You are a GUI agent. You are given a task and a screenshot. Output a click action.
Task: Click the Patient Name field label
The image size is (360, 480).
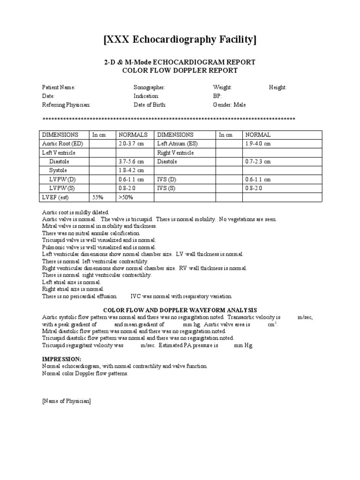59,88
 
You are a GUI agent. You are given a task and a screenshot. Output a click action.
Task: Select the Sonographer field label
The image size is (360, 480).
149,88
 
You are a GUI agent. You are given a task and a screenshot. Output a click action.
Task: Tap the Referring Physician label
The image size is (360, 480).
66,105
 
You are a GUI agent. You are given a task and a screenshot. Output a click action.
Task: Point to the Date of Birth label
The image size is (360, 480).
150,105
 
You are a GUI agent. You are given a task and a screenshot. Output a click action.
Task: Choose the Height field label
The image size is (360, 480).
277,88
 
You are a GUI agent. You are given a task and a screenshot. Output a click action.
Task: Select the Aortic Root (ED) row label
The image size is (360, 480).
62,143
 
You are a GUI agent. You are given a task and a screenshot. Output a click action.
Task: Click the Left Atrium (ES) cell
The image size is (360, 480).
177,143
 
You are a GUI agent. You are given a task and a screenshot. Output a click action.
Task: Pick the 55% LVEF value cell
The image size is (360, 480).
98,197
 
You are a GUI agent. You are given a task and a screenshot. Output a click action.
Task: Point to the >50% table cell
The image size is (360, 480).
126,197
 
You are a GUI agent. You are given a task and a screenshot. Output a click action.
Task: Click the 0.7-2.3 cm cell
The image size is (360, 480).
258,162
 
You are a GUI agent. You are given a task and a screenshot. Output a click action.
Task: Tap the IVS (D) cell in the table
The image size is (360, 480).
166,180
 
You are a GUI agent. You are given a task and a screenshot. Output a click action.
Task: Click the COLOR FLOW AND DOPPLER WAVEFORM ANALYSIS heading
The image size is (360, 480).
180,310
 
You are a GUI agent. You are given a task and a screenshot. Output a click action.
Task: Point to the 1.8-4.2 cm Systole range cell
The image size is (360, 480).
131,171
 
